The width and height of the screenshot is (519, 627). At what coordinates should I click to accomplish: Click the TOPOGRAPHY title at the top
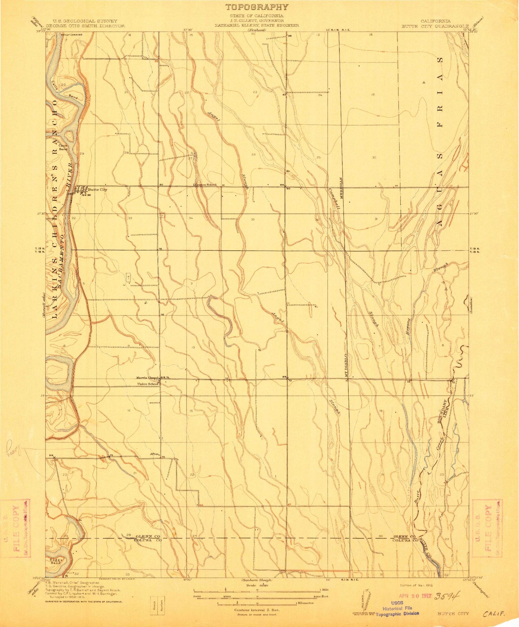(x=257, y=7)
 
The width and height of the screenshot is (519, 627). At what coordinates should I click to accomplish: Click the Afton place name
(x=154, y=454)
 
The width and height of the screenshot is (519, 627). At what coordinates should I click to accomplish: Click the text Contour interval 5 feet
(x=257, y=610)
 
